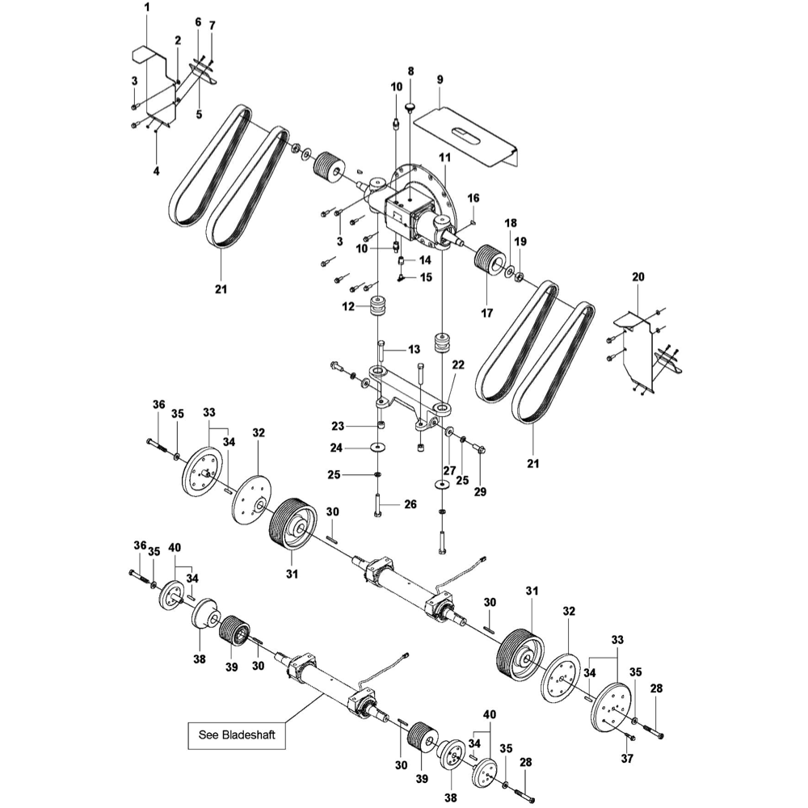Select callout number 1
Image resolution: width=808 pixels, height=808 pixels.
[147, 7]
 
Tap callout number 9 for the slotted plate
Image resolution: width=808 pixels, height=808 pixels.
[440, 79]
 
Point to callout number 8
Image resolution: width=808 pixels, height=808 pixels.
[410, 71]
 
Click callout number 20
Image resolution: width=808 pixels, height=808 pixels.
[638, 276]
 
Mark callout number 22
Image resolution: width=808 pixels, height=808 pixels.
[458, 365]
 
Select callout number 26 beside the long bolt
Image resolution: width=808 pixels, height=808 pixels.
[410, 505]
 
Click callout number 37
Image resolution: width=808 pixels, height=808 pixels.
[627, 758]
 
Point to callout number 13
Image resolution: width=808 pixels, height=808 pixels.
[414, 349]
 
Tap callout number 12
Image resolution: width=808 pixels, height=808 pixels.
[349, 306]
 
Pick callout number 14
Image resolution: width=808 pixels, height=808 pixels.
[424, 260]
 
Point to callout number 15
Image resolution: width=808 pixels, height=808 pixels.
[425, 276]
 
